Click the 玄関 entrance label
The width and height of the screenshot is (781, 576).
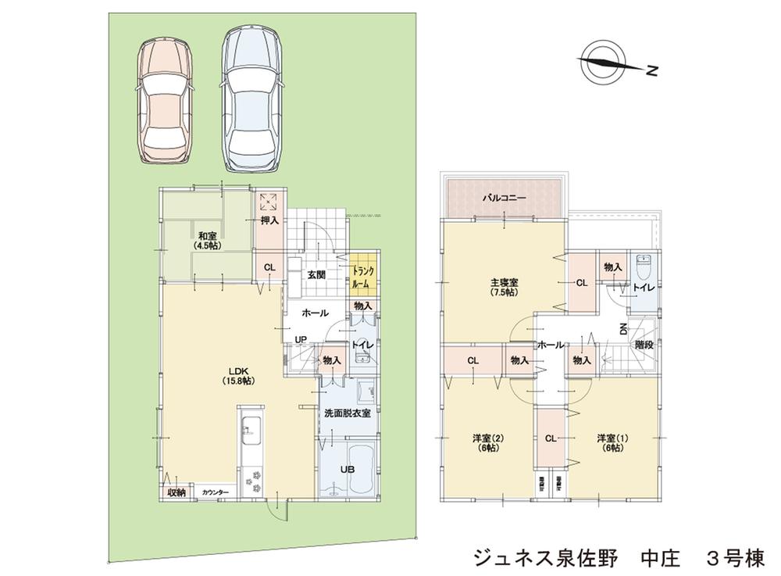point(316,274)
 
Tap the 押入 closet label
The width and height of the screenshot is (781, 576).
point(269,221)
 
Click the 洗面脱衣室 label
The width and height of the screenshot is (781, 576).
point(348,413)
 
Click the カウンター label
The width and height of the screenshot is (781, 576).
point(215,492)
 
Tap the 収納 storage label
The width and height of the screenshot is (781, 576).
point(177,492)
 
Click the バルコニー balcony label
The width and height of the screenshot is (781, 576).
point(503,199)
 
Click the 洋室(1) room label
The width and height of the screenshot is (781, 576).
point(611,442)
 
